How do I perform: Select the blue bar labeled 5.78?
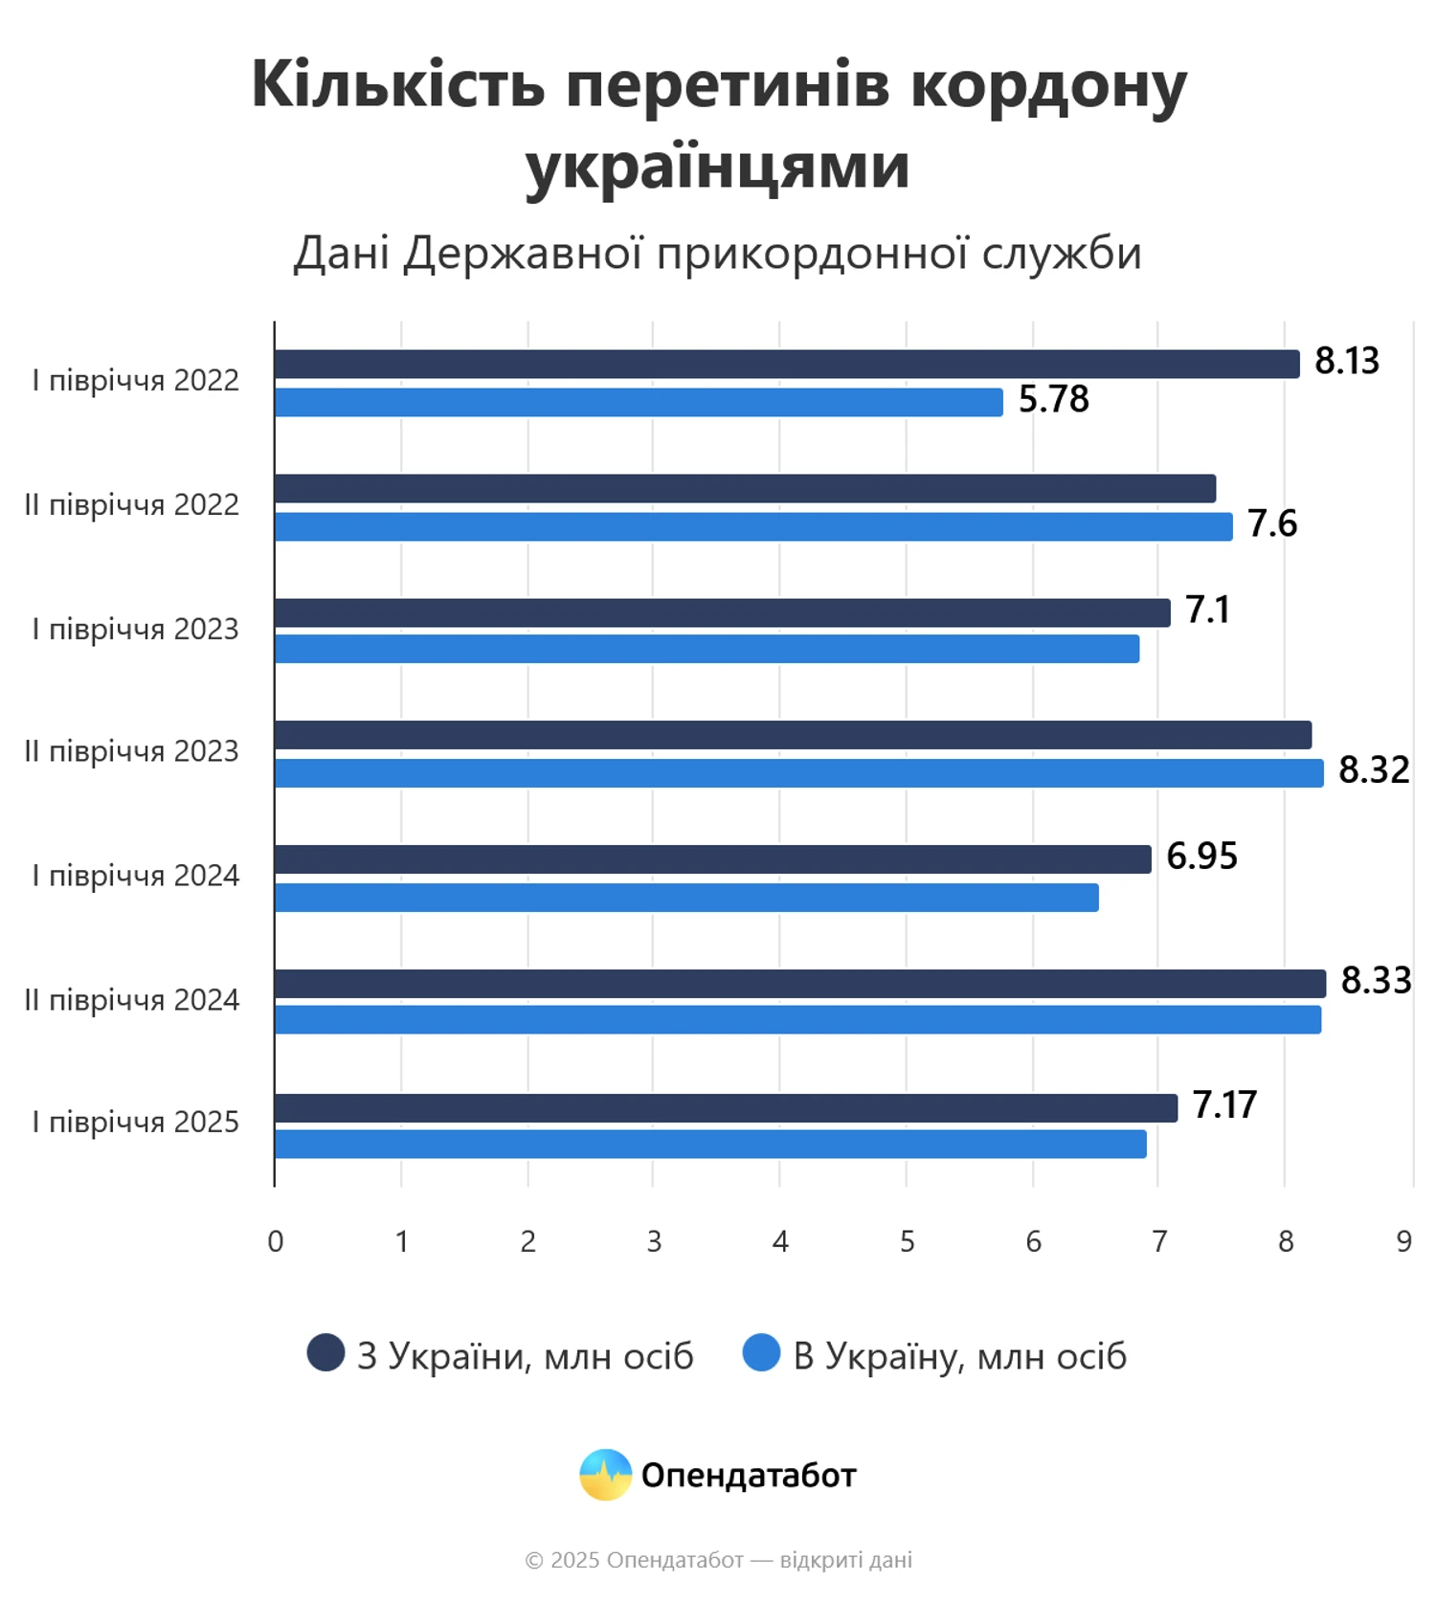(x=639, y=402)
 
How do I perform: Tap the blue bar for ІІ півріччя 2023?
(x=798, y=773)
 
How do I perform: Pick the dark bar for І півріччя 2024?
(x=712, y=859)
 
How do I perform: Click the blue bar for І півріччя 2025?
(x=710, y=1144)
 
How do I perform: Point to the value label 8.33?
(x=1376, y=981)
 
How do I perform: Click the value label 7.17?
(x=1224, y=1105)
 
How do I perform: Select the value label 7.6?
(x=1272, y=524)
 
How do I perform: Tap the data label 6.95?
(x=1201, y=857)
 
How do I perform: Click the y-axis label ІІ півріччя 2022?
(x=132, y=505)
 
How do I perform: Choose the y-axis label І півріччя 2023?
(x=136, y=630)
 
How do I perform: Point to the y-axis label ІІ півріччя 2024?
(x=132, y=1000)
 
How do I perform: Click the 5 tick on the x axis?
(x=907, y=1242)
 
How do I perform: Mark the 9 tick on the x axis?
(x=1403, y=1242)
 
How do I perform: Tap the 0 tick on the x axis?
(x=276, y=1242)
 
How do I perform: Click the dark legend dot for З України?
(x=325, y=1353)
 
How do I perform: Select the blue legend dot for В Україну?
(x=761, y=1353)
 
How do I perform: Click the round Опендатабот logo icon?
(x=605, y=1475)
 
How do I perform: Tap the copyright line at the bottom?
(x=718, y=1561)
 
